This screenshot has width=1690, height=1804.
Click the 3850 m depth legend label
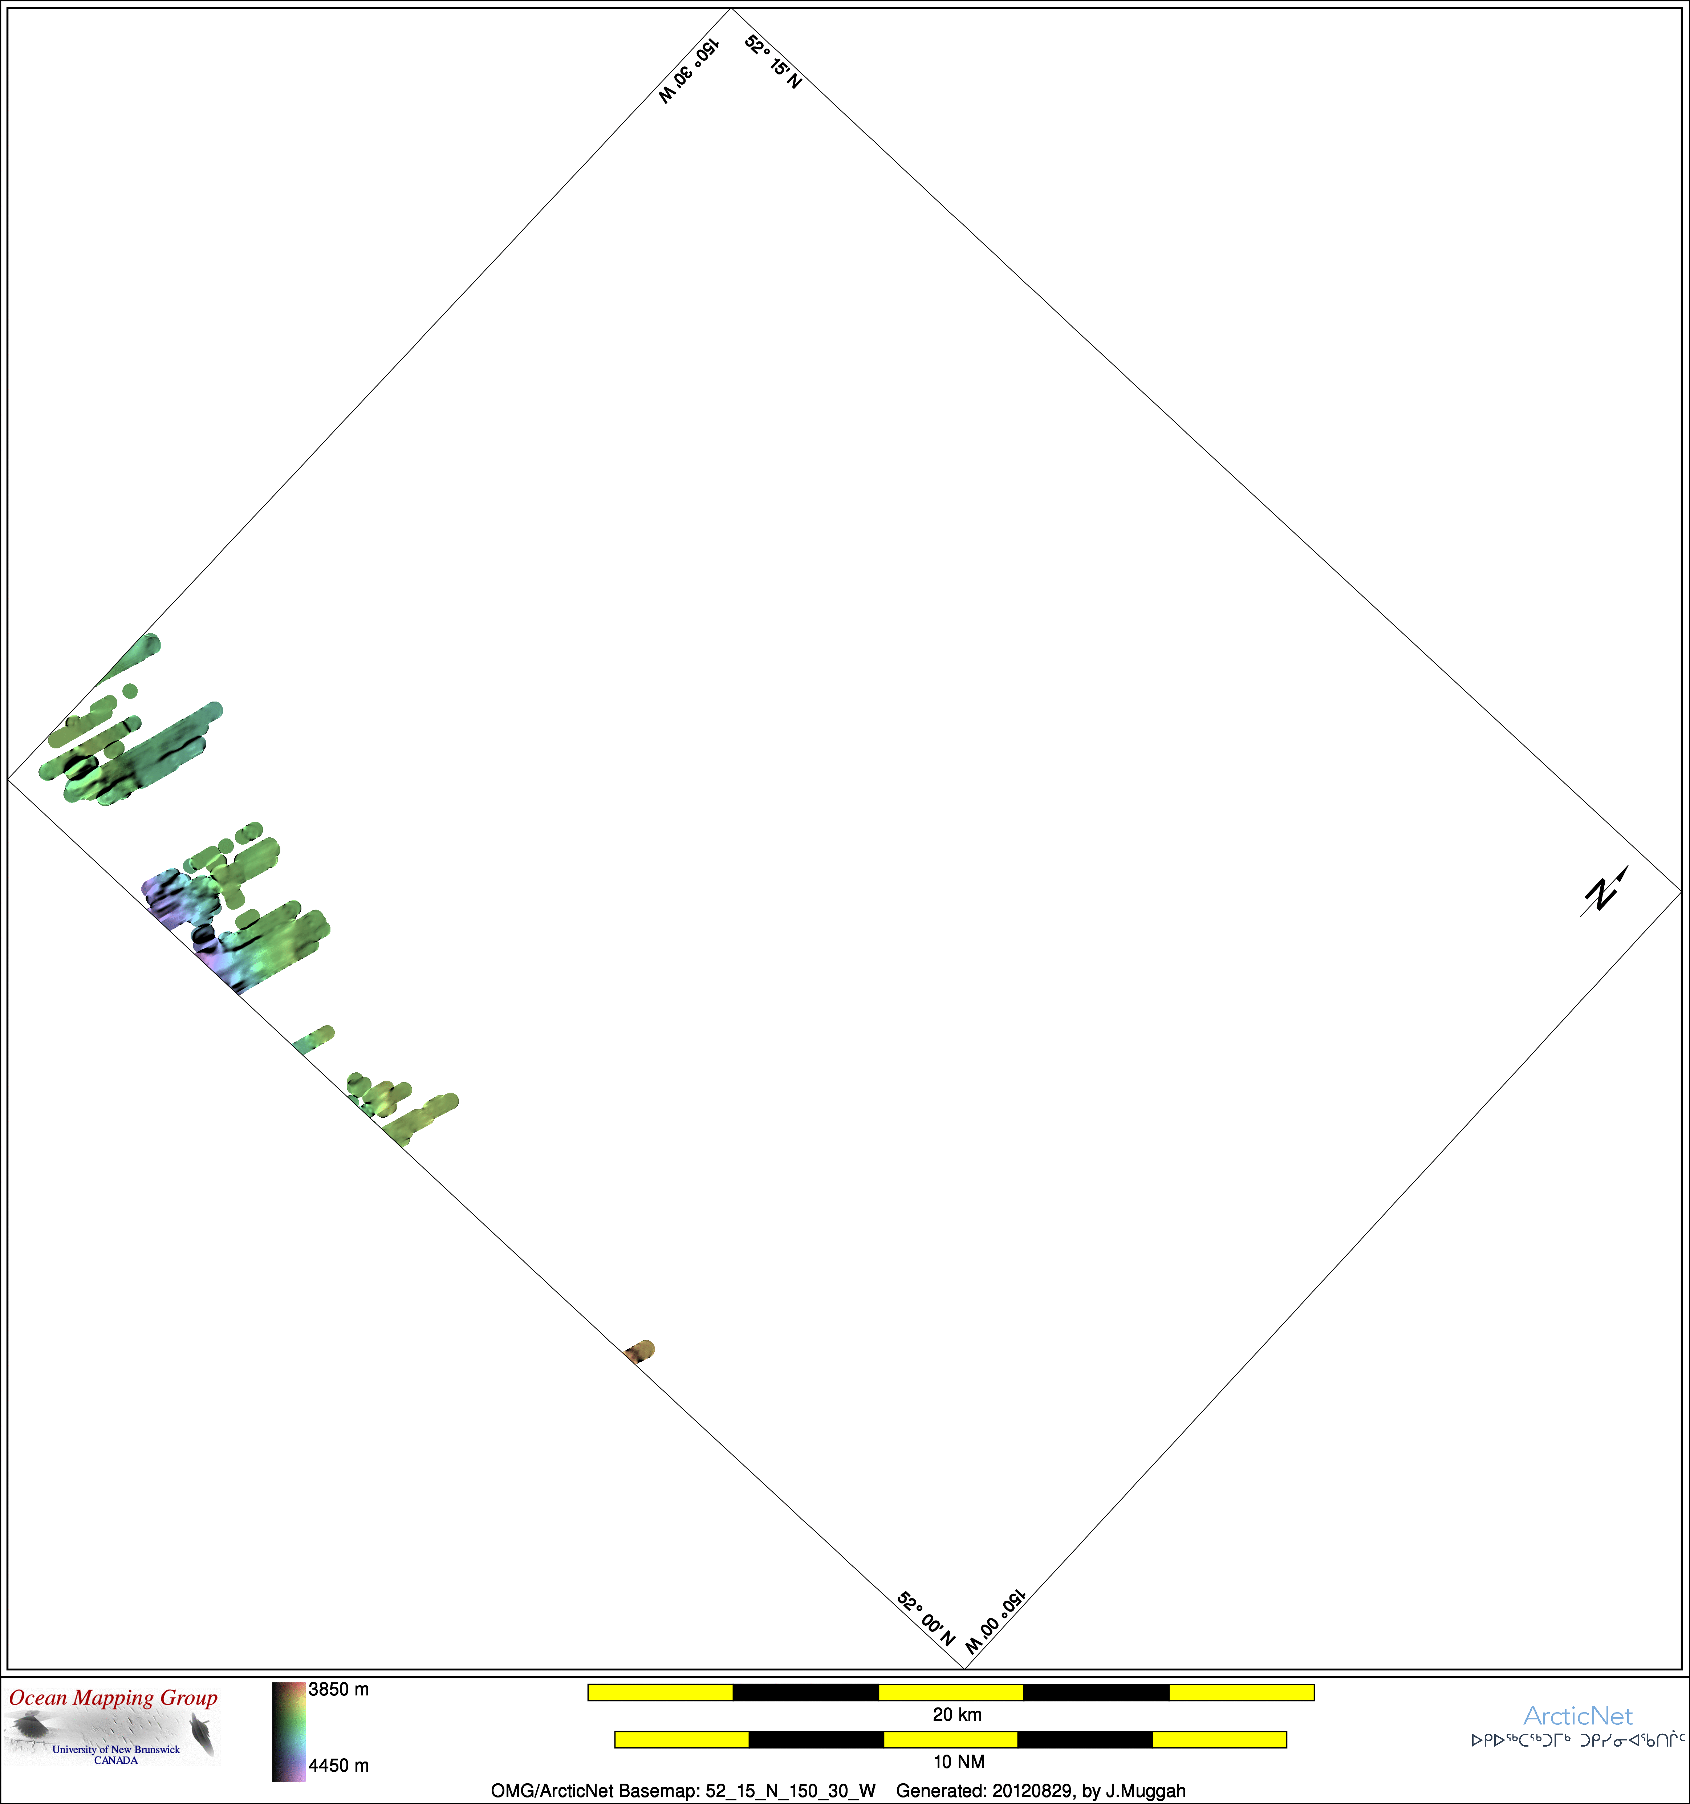tap(338, 1690)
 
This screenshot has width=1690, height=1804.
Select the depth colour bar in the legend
tap(289, 1731)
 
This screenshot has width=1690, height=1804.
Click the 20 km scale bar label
tap(958, 1714)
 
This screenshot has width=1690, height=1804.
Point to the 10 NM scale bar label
tap(959, 1762)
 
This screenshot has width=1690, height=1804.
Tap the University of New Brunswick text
tap(116, 1749)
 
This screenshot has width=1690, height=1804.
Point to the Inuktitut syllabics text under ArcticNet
tap(1579, 1740)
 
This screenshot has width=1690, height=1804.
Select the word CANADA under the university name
tap(116, 1760)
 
